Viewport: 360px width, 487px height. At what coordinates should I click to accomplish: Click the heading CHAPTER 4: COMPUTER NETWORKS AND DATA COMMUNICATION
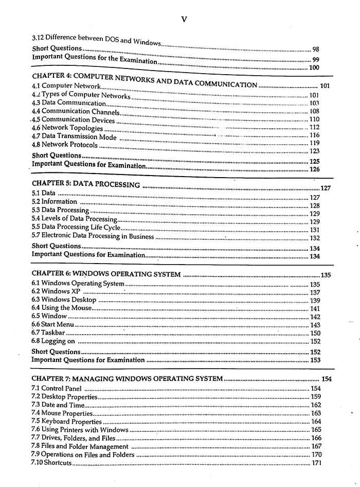(144, 80)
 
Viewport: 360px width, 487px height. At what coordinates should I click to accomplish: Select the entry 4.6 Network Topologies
(67, 128)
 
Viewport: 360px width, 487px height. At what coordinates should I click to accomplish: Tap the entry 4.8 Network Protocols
(65, 144)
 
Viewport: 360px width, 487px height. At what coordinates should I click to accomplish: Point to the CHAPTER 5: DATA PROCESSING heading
(86, 184)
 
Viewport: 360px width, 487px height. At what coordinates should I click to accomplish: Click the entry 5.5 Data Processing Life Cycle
(76, 227)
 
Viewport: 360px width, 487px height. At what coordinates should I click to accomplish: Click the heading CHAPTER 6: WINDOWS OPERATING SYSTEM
(106, 274)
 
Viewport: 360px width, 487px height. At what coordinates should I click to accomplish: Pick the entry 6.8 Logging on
(53, 341)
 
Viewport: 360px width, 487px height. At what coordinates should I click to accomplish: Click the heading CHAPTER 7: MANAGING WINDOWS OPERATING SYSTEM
(127, 379)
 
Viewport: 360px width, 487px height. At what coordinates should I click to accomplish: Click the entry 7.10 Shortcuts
(51, 463)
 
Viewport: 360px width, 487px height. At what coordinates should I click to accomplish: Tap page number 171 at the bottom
(316, 463)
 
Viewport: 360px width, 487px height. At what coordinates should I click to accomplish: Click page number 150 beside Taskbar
(315, 333)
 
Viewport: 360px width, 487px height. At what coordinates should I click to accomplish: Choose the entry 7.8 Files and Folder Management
(80, 446)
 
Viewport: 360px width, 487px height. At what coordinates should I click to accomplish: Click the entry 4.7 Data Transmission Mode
(74, 136)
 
